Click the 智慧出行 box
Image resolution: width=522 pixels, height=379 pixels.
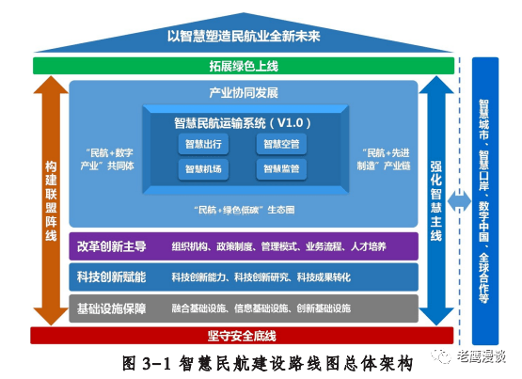click(203, 144)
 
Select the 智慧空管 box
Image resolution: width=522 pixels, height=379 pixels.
click(281, 144)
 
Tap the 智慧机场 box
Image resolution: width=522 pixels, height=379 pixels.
click(203, 169)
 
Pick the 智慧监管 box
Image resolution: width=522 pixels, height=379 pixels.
click(281, 169)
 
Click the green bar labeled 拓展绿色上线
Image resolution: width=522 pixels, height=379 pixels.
click(244, 66)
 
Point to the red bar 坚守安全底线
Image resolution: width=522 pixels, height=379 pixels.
click(242, 336)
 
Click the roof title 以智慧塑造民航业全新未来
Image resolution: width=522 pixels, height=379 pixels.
click(244, 36)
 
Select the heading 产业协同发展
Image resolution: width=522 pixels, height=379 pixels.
click(244, 93)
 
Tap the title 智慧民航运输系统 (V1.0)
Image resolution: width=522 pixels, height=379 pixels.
click(243, 123)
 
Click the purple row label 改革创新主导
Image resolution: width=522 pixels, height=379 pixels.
click(112, 246)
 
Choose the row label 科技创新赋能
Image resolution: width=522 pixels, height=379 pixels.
click(112, 277)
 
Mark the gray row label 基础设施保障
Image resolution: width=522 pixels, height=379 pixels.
click(112, 308)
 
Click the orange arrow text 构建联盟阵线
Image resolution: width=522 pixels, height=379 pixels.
click(51, 201)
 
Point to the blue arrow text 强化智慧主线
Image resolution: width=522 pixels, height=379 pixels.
click(436, 201)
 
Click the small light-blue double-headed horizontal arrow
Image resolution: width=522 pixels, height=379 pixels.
click(459, 201)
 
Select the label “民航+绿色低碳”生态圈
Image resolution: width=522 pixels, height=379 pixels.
click(244, 210)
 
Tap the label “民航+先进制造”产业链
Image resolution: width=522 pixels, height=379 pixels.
click(384, 159)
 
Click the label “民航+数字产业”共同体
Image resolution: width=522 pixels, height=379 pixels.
click(107, 159)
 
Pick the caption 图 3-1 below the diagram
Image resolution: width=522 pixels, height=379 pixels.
click(147, 363)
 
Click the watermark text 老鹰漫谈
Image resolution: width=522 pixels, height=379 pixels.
click(482, 356)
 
